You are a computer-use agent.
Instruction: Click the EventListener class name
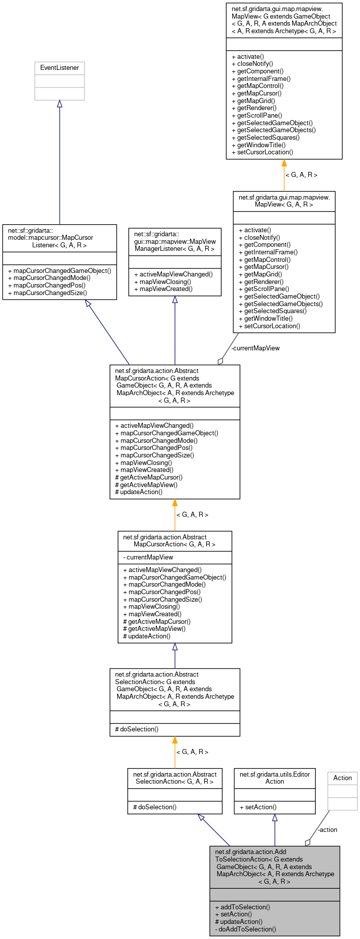(x=59, y=68)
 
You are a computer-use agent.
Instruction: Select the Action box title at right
(x=342, y=778)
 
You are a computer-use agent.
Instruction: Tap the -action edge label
(x=327, y=829)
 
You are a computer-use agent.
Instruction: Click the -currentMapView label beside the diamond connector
(x=255, y=348)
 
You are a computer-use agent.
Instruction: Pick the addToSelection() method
(x=245, y=907)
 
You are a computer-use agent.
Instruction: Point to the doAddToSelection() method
(x=245, y=929)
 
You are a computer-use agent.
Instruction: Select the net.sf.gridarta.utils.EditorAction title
(x=275, y=778)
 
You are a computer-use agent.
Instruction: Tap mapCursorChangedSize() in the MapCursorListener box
(x=47, y=293)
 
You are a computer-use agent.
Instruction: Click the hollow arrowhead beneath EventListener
(x=59, y=104)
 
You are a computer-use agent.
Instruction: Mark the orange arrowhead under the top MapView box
(x=284, y=163)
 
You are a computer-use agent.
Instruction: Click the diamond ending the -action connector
(x=308, y=842)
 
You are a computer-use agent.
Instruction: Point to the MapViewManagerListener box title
(x=175, y=241)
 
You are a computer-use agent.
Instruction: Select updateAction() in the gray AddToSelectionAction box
(x=238, y=921)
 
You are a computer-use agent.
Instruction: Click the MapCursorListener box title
(x=51, y=238)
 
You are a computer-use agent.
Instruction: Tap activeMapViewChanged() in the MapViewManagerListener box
(x=173, y=274)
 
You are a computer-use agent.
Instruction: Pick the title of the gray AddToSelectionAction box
(x=275, y=866)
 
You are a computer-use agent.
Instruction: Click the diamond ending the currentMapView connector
(x=220, y=361)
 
